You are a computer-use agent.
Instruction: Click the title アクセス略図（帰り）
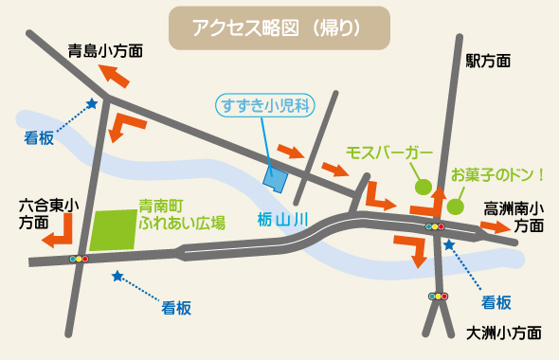coord(279,28)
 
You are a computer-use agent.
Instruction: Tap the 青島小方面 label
coord(106,51)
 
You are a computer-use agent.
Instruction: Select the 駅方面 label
coord(488,62)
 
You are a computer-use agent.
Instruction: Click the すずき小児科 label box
coord(264,105)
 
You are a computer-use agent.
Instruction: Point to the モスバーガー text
coord(389,153)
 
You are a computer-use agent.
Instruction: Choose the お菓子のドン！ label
coord(498,174)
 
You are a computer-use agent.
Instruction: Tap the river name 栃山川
coord(284,219)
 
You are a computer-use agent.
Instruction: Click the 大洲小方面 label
coord(505,333)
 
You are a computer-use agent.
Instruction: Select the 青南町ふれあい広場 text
coord(181,213)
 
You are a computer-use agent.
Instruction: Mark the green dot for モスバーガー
coord(423,187)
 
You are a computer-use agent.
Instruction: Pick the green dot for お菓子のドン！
coord(455,206)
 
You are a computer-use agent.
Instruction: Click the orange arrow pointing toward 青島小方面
coord(116,75)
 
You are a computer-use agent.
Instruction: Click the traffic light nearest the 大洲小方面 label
coord(438,296)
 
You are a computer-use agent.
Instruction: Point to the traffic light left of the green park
coord(78,258)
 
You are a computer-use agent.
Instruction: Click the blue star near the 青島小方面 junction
coord(92,104)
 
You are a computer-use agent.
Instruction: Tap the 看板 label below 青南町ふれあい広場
coord(177,307)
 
